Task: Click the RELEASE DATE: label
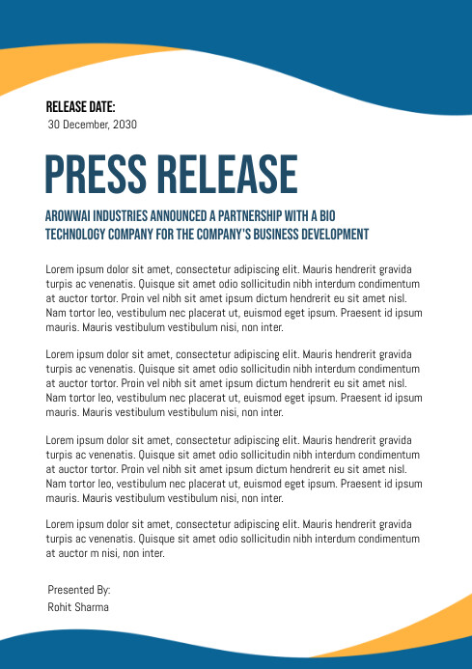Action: click(x=80, y=107)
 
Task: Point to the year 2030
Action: click(x=125, y=125)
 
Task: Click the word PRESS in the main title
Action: click(x=95, y=175)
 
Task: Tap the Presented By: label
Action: click(x=79, y=589)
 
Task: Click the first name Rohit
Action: click(x=60, y=607)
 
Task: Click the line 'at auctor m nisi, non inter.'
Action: click(x=105, y=554)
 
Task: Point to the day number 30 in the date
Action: click(x=54, y=125)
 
